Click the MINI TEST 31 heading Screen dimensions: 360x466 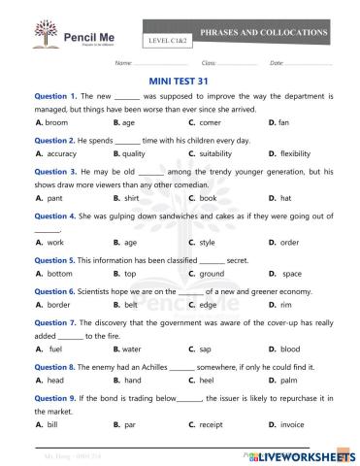pyautogui.click(x=180, y=83)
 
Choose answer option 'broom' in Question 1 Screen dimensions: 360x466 pyautogui.click(x=57, y=123)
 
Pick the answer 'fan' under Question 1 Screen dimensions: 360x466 pyautogui.click(x=283, y=123)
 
